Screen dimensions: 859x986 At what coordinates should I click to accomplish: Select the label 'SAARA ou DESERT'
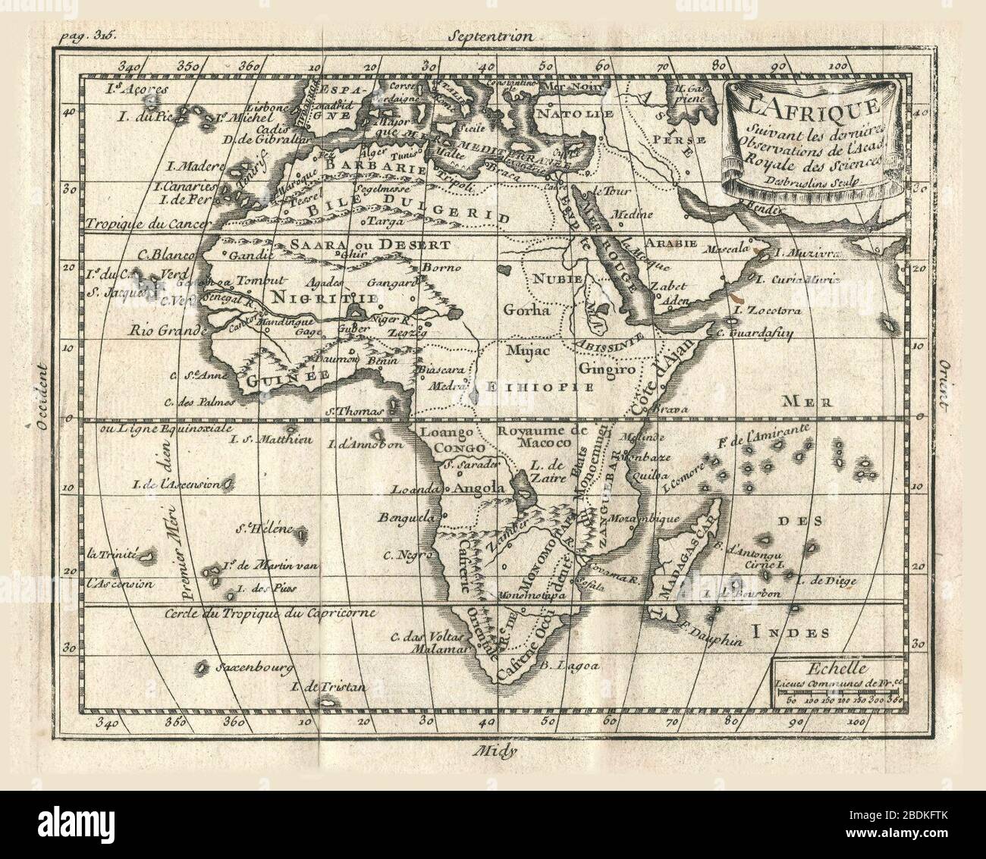pos(369,246)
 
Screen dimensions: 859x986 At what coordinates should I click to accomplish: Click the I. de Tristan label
pos(328,688)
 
